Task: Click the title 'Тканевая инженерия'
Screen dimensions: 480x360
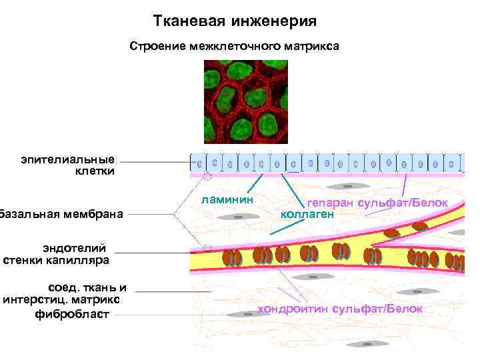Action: coord(235,22)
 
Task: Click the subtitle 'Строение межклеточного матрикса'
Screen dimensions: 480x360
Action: coord(235,47)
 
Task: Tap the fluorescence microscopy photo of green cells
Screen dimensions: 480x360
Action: coord(246,101)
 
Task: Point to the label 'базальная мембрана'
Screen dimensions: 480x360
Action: coord(62,214)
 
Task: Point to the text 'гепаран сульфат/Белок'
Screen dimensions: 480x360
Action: coord(377,203)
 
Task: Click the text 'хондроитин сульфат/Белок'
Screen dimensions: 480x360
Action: coord(340,309)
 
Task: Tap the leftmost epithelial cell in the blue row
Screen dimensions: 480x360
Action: coord(199,162)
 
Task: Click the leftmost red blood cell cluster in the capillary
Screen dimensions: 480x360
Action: coord(231,257)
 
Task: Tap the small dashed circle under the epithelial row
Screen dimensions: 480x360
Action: coord(207,177)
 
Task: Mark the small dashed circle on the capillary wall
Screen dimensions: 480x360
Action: coord(207,248)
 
